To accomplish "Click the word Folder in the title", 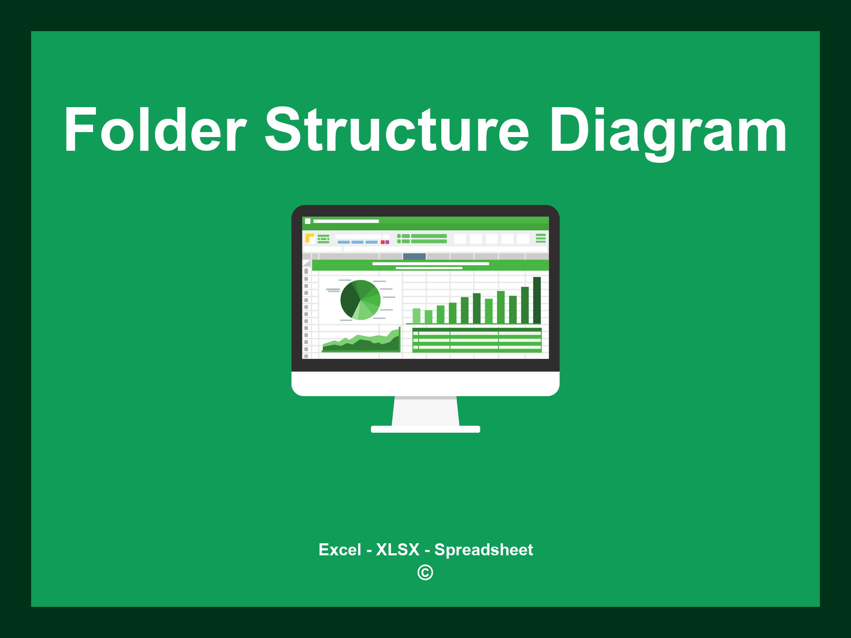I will [155, 130].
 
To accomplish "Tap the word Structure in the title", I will [397, 130].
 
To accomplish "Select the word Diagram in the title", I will [668, 130].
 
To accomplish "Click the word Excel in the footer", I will [339, 550].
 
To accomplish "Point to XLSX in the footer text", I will [398, 550].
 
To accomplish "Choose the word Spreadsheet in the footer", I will [483, 550].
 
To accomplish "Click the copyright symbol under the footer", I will [425, 573].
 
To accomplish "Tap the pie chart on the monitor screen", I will [360, 300].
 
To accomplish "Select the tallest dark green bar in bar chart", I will [537, 300].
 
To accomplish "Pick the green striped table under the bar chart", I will [477, 340].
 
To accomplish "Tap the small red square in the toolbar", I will [383, 242].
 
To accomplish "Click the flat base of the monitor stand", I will [425, 429].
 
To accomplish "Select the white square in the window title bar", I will [307, 221].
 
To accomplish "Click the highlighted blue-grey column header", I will [414, 256].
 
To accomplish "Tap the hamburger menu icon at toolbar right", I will [541, 238].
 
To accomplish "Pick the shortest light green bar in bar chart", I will [428, 317].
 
